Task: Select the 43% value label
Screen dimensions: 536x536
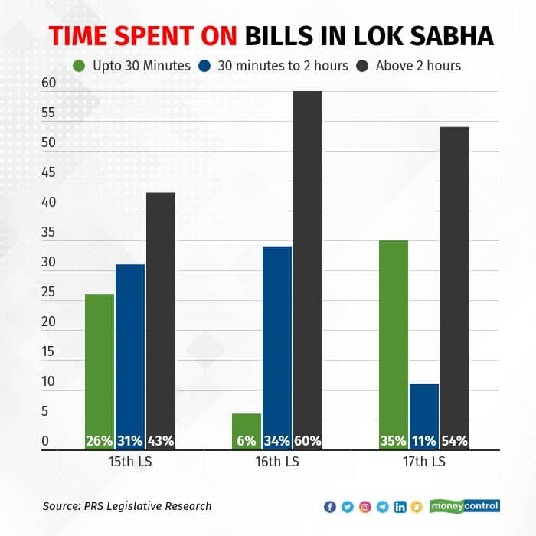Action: pyautogui.click(x=161, y=441)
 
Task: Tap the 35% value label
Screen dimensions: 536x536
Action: pyautogui.click(x=394, y=441)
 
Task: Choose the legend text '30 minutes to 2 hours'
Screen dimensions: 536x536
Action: pyautogui.click(x=283, y=66)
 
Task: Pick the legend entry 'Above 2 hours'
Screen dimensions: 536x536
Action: pyautogui.click(x=418, y=66)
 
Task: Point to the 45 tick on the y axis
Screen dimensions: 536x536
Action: pyautogui.click(x=49, y=172)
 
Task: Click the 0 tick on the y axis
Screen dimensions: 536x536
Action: pyautogui.click(x=45, y=441)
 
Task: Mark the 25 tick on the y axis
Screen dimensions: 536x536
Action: pyautogui.click(x=49, y=292)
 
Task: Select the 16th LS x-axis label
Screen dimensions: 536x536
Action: pyautogui.click(x=277, y=462)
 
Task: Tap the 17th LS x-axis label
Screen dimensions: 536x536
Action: pyautogui.click(x=424, y=462)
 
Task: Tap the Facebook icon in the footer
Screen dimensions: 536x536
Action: pyautogui.click(x=330, y=507)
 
